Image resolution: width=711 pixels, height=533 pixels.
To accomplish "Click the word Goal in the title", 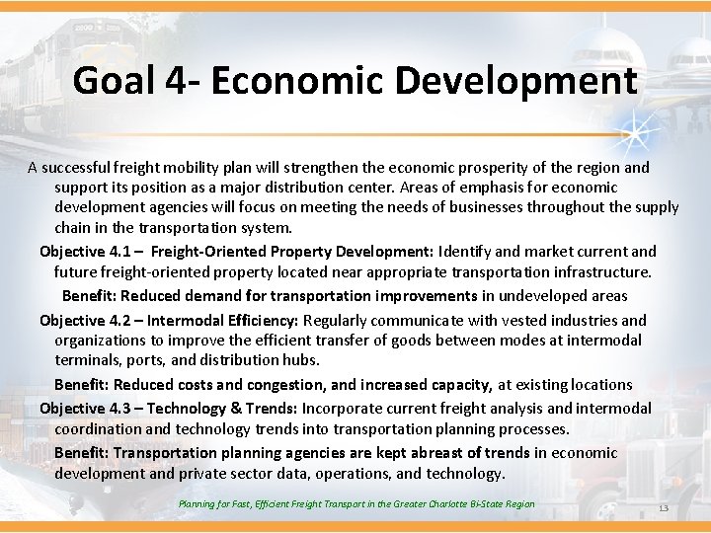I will (108, 80).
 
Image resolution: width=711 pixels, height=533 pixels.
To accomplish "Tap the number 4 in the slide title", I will (168, 80).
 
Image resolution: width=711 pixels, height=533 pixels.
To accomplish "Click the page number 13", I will (663, 508).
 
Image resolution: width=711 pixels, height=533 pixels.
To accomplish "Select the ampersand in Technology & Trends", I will (235, 409).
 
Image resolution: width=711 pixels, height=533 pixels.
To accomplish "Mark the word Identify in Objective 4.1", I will (464, 252).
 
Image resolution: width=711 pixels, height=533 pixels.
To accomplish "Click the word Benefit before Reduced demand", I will (91, 296).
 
